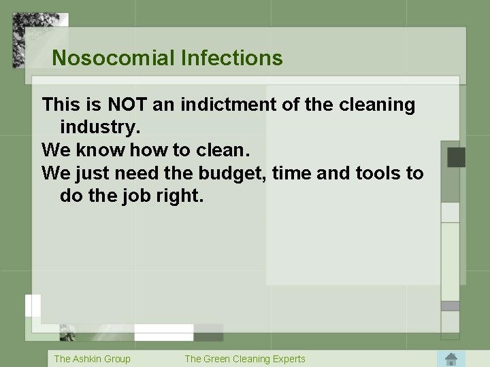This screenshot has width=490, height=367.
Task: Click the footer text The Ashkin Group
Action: tap(92, 358)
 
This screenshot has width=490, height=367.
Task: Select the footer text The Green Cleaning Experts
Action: tap(245, 358)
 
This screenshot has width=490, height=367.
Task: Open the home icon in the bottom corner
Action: tap(450, 358)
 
